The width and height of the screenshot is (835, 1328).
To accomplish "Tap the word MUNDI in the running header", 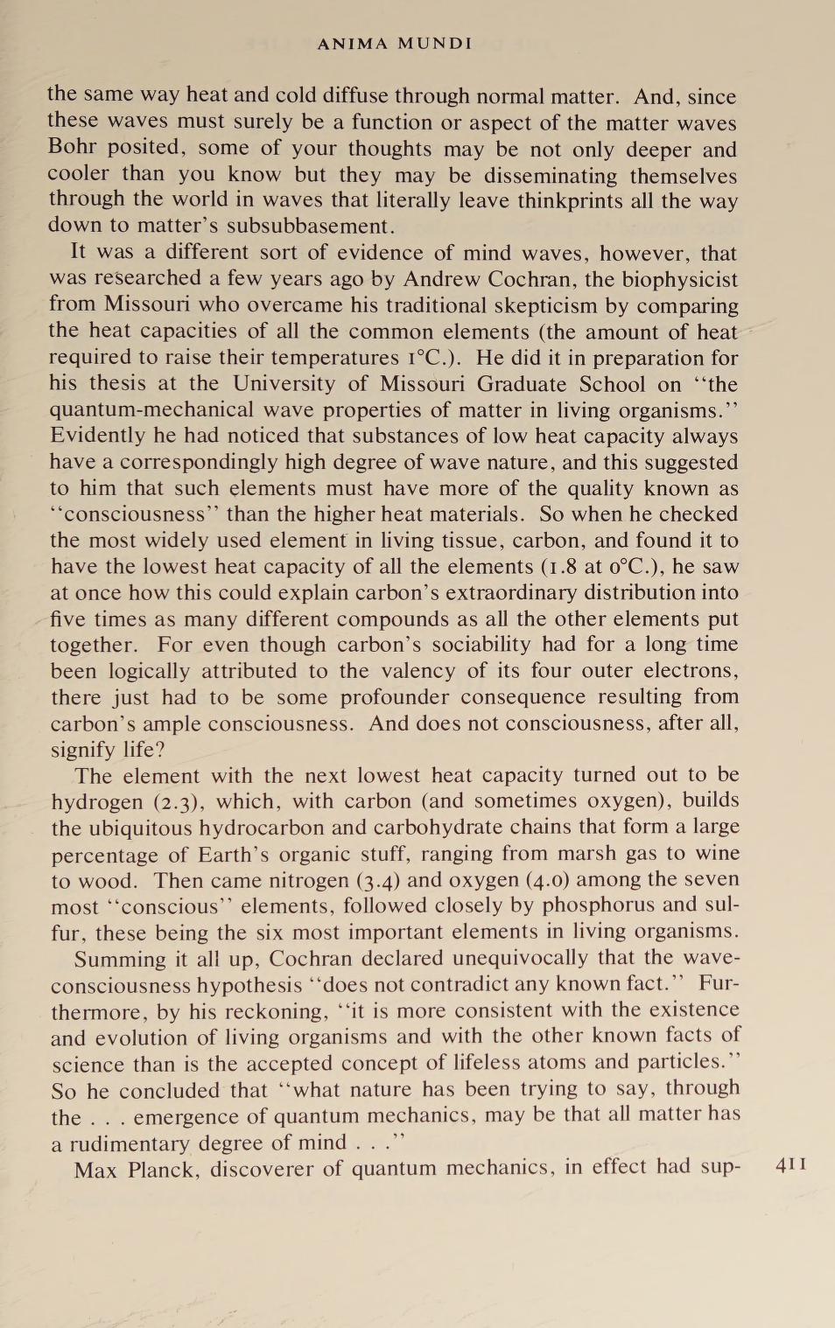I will tap(435, 43).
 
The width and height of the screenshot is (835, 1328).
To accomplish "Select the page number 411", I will tap(791, 1164).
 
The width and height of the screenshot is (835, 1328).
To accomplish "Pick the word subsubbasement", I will tap(311, 226).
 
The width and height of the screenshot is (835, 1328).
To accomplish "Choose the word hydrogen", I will tap(97, 801).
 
